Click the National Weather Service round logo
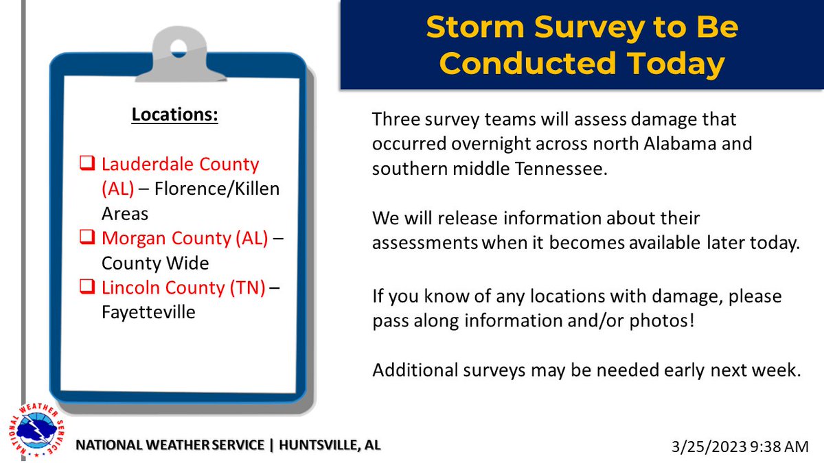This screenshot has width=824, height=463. (38, 432)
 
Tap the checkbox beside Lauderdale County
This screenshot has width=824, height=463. (88, 165)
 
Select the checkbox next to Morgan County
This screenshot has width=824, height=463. (88, 239)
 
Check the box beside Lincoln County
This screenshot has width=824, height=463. (88, 288)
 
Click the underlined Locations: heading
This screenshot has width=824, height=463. (175, 115)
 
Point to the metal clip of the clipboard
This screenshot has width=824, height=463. (179, 52)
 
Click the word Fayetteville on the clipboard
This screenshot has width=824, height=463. (148, 312)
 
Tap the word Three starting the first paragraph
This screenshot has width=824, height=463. (394, 119)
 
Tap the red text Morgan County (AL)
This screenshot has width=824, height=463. (185, 239)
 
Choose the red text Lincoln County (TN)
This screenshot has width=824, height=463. (183, 288)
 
